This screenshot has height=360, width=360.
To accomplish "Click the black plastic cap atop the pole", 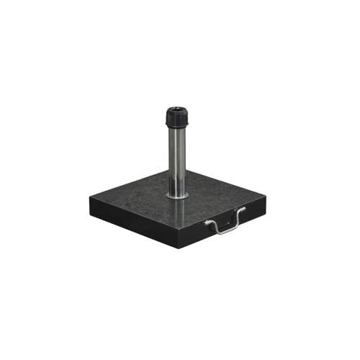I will click(x=176, y=117).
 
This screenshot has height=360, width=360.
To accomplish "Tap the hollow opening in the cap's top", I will click(x=176, y=110).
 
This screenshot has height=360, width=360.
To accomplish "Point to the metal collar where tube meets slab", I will click(x=177, y=194).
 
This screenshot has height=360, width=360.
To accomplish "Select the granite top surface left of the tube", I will click(x=137, y=198).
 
